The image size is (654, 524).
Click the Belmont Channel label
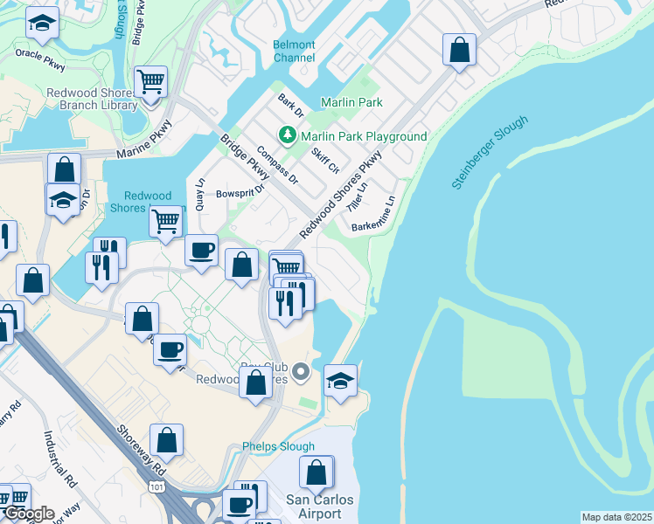pos(294,51)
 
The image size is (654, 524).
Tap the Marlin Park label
pos(351,102)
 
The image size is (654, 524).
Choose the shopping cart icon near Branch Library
pos(151,82)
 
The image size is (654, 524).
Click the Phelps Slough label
pos(278,446)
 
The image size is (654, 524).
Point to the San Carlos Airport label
pos(320,507)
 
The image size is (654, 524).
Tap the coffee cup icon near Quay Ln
pos(202,250)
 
